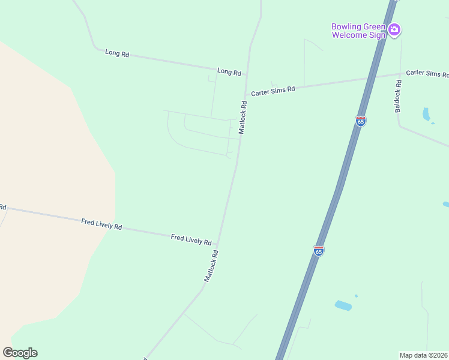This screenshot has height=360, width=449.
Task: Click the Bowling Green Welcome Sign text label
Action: (359, 31)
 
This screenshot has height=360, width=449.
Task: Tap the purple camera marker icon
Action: (394, 29)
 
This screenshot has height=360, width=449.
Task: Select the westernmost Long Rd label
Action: (117, 53)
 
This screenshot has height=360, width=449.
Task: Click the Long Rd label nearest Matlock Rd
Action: (229, 71)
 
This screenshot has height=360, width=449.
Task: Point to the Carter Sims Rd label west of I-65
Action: (273, 91)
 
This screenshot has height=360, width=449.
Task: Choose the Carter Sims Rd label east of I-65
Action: (427, 73)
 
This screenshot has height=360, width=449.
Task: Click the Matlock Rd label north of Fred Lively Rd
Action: (243, 116)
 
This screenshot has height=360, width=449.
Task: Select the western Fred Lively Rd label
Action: (101, 224)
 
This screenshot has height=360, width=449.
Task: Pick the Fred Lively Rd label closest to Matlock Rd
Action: (191, 239)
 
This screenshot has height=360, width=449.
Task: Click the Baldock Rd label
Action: (398, 96)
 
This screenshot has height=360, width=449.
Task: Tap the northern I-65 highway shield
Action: (360, 121)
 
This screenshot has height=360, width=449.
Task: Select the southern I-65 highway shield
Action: (319, 250)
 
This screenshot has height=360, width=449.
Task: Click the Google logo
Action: (20, 352)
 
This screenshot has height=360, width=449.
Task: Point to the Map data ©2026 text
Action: (423, 355)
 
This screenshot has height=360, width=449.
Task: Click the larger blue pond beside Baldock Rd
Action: (426, 114)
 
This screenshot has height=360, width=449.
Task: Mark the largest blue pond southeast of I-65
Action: (343, 305)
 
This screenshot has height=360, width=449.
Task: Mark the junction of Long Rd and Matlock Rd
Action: (247, 75)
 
